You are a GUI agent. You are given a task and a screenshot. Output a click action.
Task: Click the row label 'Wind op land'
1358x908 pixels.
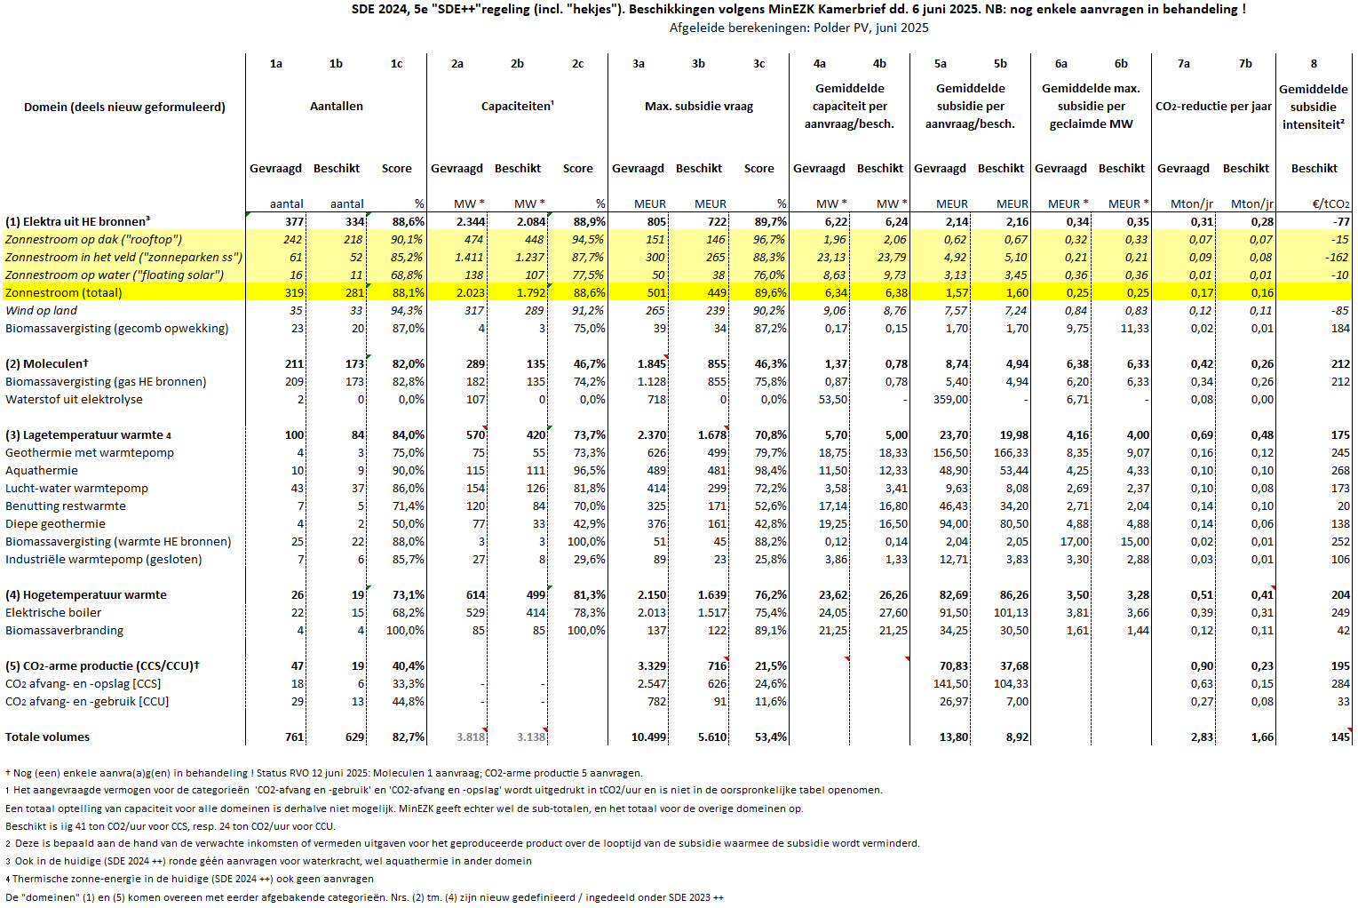[41, 310]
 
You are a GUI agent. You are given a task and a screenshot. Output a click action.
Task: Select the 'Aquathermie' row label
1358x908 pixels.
[41, 470]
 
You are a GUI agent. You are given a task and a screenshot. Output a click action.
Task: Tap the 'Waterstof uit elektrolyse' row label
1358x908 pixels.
[74, 399]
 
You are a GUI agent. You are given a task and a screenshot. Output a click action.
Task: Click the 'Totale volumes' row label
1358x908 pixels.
[47, 737]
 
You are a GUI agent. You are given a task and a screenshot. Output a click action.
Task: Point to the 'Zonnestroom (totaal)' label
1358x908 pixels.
[63, 292]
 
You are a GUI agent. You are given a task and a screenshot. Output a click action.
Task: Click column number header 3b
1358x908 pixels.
[698, 63]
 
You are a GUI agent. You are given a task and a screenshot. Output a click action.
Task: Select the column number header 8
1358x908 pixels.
[1314, 63]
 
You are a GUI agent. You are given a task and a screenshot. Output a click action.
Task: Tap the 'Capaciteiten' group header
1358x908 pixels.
[517, 106]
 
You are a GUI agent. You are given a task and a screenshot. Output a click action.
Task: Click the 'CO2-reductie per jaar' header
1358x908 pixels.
[1213, 106]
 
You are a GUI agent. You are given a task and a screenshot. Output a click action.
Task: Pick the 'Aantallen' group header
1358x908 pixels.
[336, 106]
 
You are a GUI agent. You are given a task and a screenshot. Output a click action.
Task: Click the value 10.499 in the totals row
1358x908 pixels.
[648, 737]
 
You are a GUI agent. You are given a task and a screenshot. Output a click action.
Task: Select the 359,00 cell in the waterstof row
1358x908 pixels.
[950, 399]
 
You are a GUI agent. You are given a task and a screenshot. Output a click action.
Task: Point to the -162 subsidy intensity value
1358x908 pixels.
[1337, 257]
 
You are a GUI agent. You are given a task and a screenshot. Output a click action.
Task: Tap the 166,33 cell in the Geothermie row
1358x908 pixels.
[1011, 452]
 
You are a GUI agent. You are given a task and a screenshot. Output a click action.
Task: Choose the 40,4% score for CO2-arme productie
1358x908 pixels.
[408, 665]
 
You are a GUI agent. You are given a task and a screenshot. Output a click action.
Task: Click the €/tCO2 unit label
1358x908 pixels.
[1330, 203]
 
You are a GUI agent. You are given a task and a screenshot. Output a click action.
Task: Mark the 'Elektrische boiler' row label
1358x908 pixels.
[53, 612]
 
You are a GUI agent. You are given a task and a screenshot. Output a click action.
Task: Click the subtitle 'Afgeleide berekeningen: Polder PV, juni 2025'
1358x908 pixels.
[798, 28]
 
